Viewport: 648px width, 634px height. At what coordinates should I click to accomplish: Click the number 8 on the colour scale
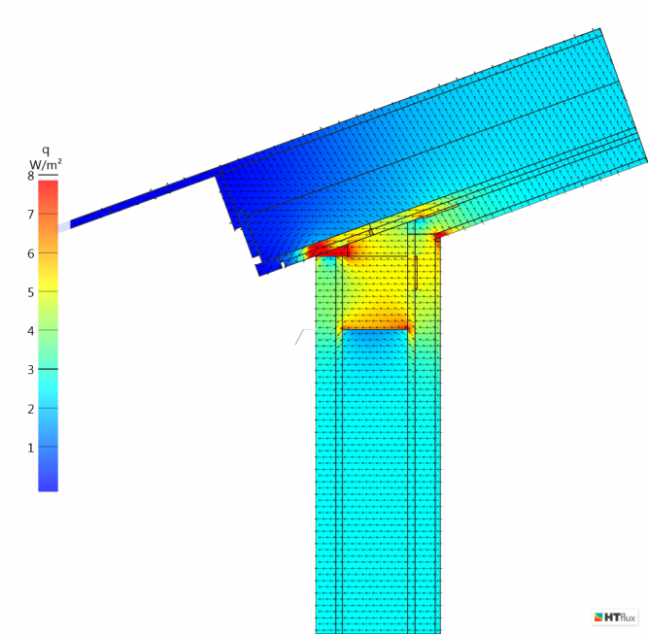pos(30,176)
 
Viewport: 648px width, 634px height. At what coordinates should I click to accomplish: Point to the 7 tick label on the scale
pos(30,215)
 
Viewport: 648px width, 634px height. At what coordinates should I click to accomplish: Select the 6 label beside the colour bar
pos(30,253)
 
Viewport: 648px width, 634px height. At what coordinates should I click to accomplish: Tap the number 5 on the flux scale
pos(30,292)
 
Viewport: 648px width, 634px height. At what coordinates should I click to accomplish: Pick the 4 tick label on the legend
pos(30,331)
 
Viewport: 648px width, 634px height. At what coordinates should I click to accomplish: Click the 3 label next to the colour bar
pos(30,370)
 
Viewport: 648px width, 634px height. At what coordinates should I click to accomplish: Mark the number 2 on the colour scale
pos(30,409)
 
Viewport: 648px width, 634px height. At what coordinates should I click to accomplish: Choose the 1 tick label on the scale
pos(30,448)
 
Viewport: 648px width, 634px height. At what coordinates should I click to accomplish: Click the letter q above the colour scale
pos(46,150)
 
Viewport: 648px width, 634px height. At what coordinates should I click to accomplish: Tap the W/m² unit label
pos(46,164)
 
